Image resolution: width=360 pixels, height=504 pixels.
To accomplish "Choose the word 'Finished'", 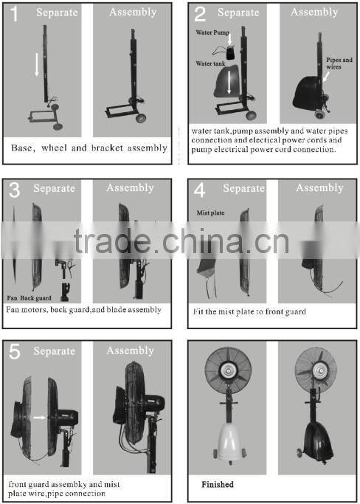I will click(218, 484).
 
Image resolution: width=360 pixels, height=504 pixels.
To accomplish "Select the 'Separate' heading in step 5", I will click(55, 351).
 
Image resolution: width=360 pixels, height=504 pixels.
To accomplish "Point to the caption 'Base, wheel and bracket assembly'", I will click(89, 148).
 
